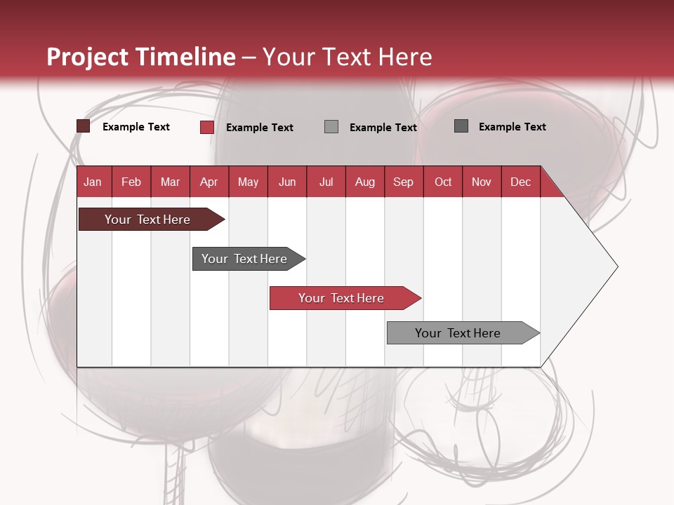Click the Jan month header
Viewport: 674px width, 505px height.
93,182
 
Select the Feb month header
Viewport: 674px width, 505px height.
131,182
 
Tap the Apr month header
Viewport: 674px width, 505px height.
209,182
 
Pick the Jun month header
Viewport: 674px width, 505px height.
287,182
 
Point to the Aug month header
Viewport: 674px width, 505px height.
364,182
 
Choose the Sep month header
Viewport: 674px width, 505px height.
403,182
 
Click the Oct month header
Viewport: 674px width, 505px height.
443,182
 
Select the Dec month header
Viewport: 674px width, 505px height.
520,182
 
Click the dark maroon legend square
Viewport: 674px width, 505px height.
84,126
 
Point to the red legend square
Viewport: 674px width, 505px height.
207,127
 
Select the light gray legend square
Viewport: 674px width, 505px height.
331,126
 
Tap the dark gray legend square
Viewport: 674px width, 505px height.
461,126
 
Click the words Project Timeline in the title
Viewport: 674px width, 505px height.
141,57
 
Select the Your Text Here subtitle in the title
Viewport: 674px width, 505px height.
347,57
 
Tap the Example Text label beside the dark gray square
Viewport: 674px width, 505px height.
512,127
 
